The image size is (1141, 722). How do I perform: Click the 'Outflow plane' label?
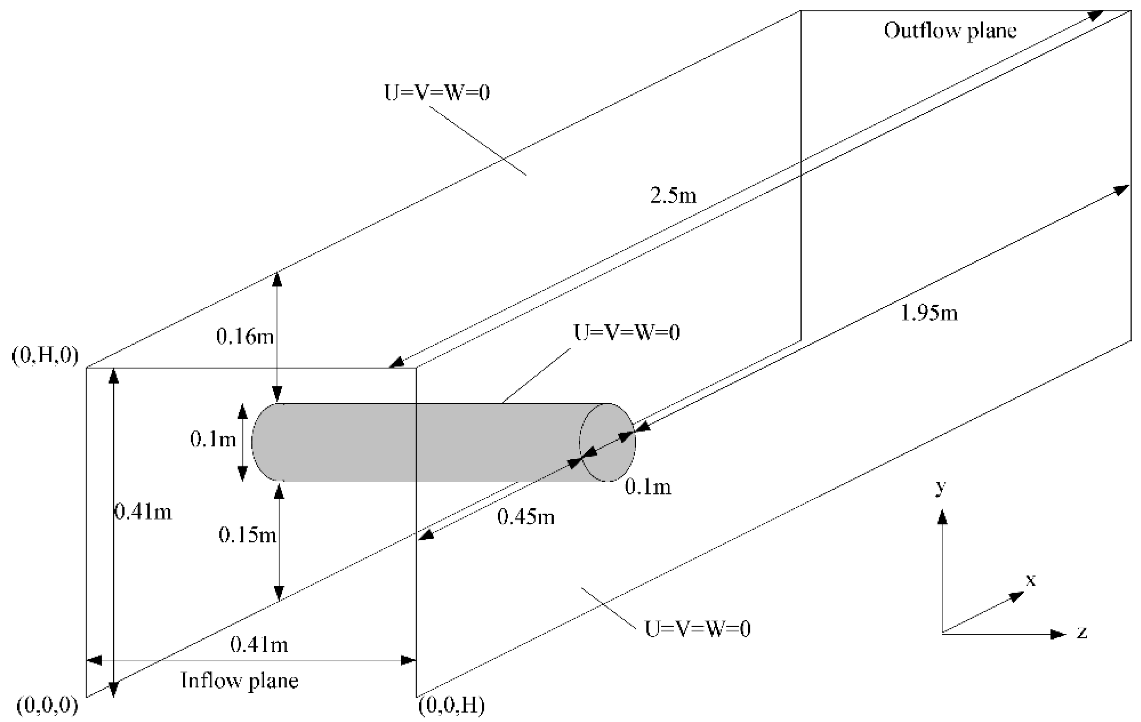(950, 31)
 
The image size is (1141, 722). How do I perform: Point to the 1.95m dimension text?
(929, 313)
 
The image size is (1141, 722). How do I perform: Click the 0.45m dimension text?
(526, 517)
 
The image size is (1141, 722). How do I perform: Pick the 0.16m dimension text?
(245, 336)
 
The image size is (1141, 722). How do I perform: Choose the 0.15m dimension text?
(247, 535)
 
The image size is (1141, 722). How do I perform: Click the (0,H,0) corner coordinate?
(45, 355)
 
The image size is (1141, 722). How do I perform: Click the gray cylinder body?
(427, 443)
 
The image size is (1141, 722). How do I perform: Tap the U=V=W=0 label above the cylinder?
(627, 332)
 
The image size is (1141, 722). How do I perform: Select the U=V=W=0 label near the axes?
(698, 629)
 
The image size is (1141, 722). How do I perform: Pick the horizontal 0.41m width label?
(259, 645)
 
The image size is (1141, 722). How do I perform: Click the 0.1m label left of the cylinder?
(213, 439)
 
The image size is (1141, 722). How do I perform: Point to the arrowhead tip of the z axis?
(1066, 634)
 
